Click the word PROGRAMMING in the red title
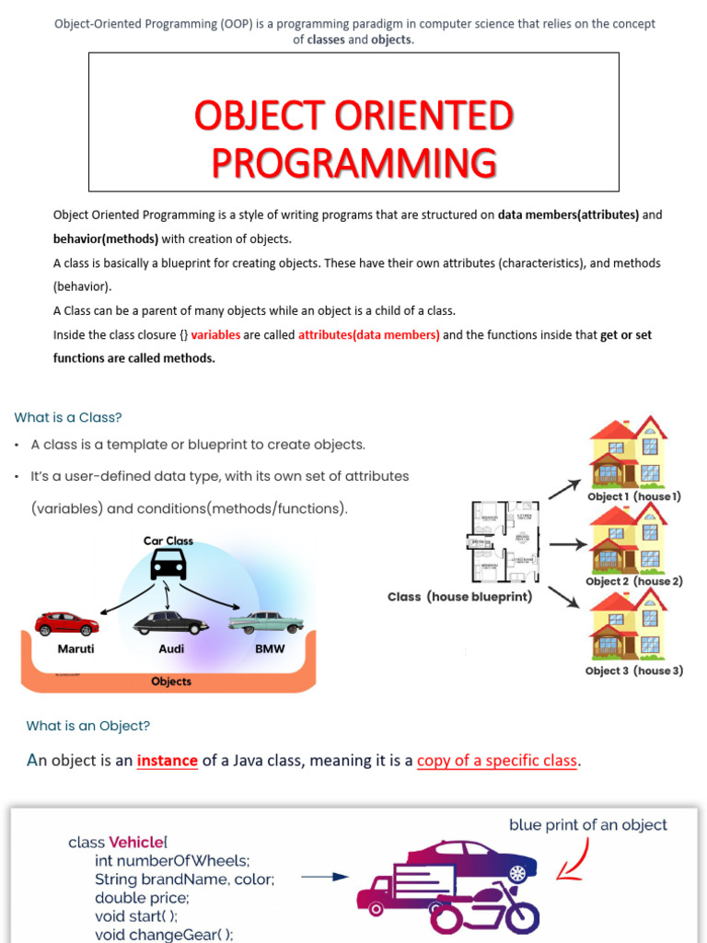(x=353, y=162)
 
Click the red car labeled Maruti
(x=66, y=623)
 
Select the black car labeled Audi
(x=170, y=623)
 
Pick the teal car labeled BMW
(x=266, y=622)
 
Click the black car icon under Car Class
(x=168, y=564)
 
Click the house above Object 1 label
(x=629, y=451)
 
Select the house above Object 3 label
(x=629, y=625)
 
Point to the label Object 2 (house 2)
(x=634, y=581)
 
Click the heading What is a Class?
(x=68, y=417)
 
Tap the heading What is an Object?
(x=87, y=726)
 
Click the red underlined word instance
(x=168, y=761)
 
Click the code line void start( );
(x=136, y=916)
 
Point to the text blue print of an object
(x=588, y=825)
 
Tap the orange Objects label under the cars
(x=171, y=681)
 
